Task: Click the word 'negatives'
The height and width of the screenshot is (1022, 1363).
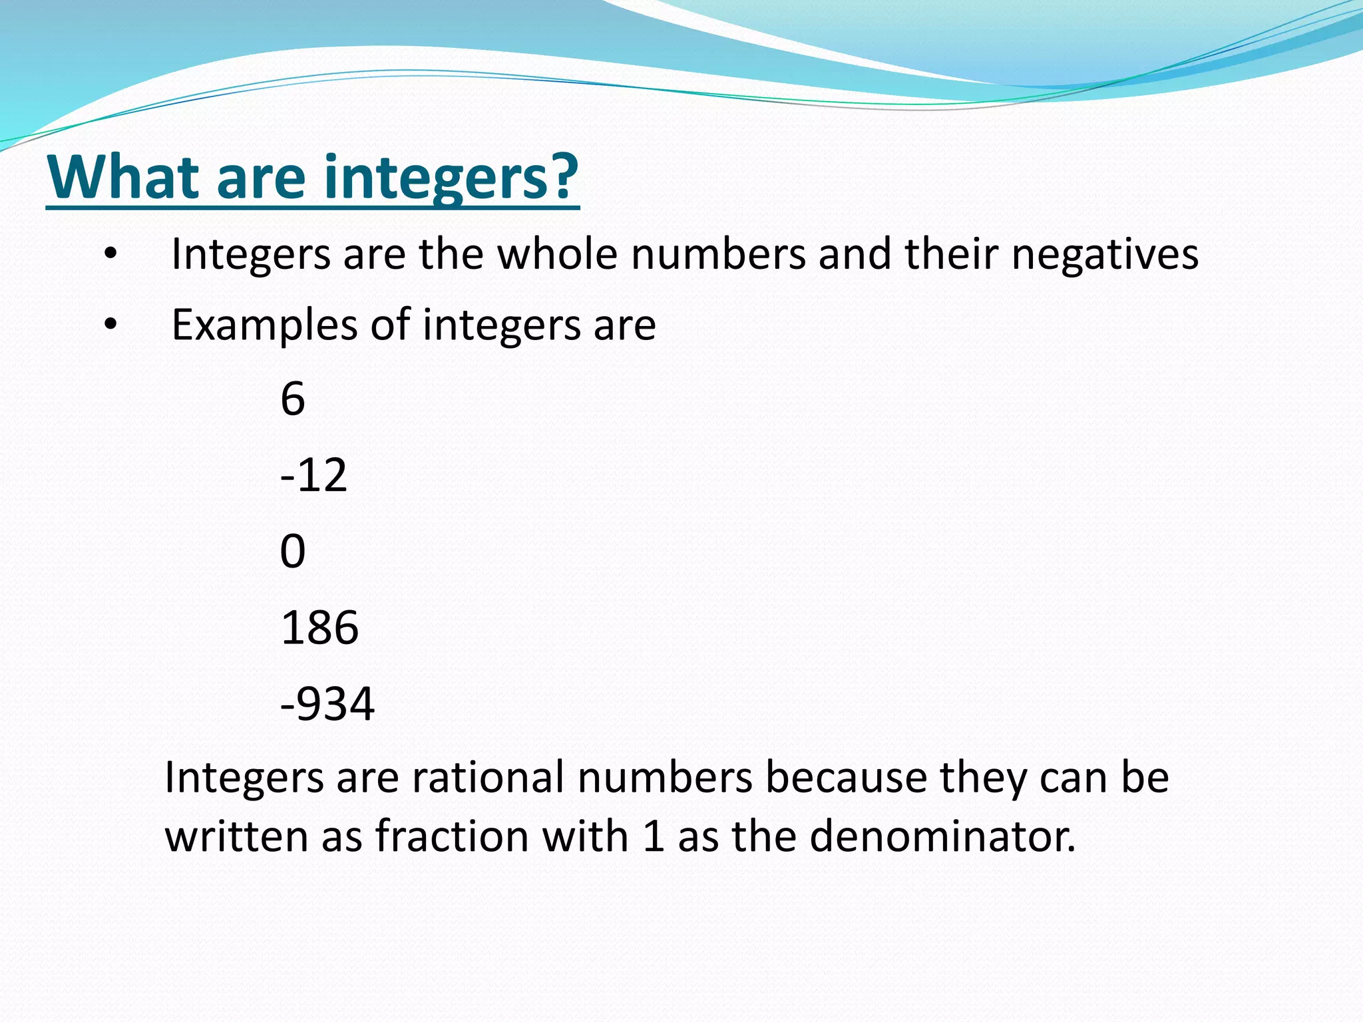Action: click(1105, 254)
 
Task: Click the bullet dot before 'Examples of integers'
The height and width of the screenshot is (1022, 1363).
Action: click(110, 325)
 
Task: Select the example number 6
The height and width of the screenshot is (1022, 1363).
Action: click(293, 399)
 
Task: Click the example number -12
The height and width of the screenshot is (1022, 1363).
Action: click(313, 475)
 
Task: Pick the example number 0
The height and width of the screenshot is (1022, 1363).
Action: click(293, 551)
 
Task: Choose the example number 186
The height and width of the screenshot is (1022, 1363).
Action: click(319, 627)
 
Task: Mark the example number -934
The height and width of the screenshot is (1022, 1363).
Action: click(327, 704)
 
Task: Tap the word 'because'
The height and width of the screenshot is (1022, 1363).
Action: click(846, 777)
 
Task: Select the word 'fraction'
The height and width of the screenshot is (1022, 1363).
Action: click(452, 836)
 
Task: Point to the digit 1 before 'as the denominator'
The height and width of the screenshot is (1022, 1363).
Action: click(654, 836)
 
